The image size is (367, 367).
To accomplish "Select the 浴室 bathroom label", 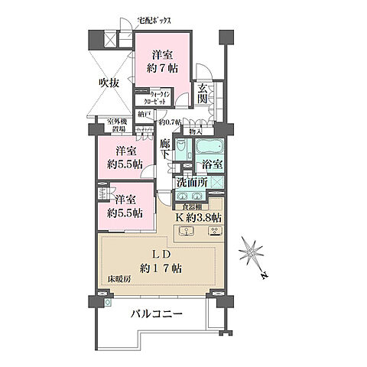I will tap(212, 164).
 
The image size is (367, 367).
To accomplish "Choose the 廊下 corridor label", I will tap(165, 147).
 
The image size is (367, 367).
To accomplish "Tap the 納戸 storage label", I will tap(145, 115).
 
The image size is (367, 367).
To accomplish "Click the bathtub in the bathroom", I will tap(207, 147).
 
